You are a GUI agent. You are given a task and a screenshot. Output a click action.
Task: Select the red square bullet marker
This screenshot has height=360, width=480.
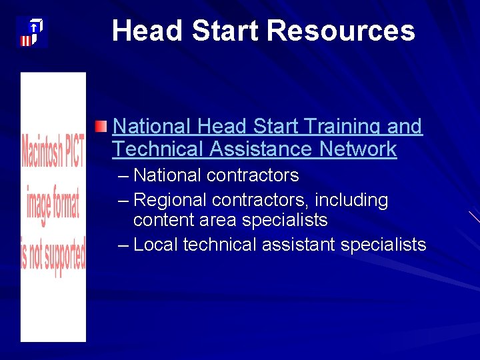100,127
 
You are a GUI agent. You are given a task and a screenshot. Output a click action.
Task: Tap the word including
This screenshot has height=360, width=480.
351,200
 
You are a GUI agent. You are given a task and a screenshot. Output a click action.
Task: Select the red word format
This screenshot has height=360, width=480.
65,205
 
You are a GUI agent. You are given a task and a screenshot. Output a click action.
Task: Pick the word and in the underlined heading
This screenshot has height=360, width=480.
405,126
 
